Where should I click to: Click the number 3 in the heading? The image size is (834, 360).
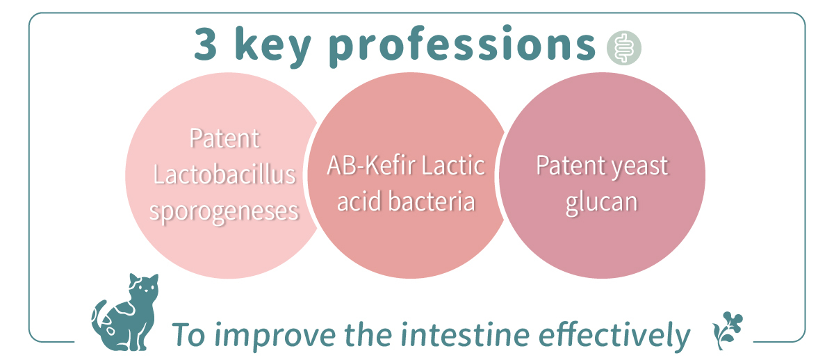[x=206, y=44]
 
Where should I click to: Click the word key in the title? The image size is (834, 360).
[x=273, y=47]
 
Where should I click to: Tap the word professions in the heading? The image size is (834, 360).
[x=462, y=47]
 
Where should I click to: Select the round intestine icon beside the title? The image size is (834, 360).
[x=624, y=48]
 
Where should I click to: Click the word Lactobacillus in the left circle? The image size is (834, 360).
[x=224, y=174]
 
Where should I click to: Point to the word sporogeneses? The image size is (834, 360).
[x=224, y=212]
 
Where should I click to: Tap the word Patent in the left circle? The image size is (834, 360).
[x=224, y=138]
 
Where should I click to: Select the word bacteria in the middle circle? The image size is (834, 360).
[x=432, y=202]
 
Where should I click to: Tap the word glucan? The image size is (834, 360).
[x=602, y=203]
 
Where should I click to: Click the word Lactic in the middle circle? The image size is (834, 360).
[x=453, y=165]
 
